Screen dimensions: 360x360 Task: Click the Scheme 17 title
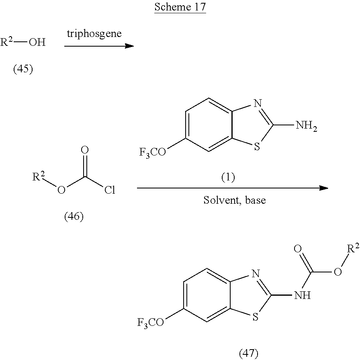(x=180, y=8)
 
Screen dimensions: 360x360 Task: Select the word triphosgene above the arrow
(x=94, y=33)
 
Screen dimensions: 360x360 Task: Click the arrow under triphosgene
(x=99, y=46)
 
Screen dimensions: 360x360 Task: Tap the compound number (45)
(x=23, y=69)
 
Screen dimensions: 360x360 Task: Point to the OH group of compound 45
(x=37, y=42)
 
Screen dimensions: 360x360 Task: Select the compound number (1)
(x=228, y=177)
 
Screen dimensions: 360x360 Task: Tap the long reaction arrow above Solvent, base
(x=233, y=188)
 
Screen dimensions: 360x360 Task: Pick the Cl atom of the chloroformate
(x=110, y=190)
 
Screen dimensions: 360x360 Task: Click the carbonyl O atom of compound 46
(x=85, y=150)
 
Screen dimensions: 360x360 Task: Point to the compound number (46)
(x=74, y=217)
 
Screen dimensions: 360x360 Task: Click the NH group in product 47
(x=302, y=296)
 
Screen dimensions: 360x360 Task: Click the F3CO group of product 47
(x=151, y=323)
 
